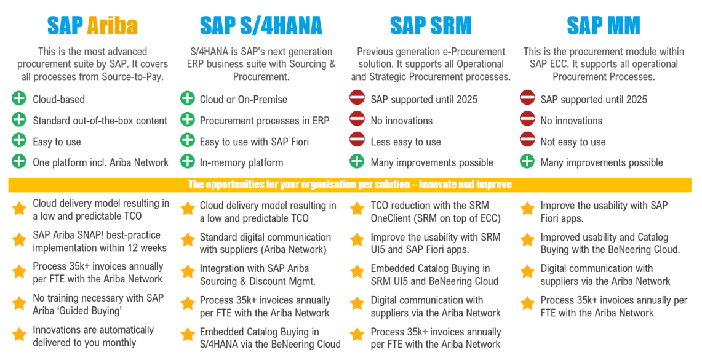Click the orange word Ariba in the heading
pos(112,26)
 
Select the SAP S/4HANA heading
pos(261,26)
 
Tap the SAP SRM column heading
pos(431,26)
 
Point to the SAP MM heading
pos(604,26)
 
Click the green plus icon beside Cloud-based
pos(19,98)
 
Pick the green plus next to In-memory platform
pos(188,161)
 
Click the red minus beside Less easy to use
pos(357,140)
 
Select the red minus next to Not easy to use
pos(527,140)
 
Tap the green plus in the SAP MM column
pos(527,161)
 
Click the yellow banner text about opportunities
pos(349,185)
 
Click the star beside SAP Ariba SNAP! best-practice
pos(19,240)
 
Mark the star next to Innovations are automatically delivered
pos(19,335)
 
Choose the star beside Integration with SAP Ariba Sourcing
pos(188,272)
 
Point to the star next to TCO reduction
pos(357,209)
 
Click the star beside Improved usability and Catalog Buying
pos(527,240)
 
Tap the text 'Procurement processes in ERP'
pos(264,121)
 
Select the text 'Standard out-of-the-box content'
pos(100,121)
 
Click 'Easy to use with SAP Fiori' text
pos(254,142)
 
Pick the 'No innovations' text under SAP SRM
pos(401,121)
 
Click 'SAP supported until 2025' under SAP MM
pos(594,100)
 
